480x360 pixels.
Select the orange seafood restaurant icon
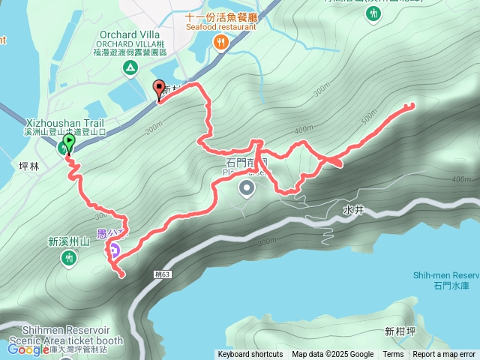click(220, 43)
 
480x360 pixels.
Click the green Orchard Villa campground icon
click(131, 69)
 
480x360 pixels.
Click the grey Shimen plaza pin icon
click(247, 189)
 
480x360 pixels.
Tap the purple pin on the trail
click(114, 248)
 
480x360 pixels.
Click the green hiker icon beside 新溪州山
click(69, 258)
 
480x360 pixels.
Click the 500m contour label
click(368, 117)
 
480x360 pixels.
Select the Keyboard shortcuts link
click(250, 355)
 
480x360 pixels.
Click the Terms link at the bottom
click(393, 355)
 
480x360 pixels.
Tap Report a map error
click(444, 355)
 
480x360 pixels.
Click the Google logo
click(28, 349)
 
